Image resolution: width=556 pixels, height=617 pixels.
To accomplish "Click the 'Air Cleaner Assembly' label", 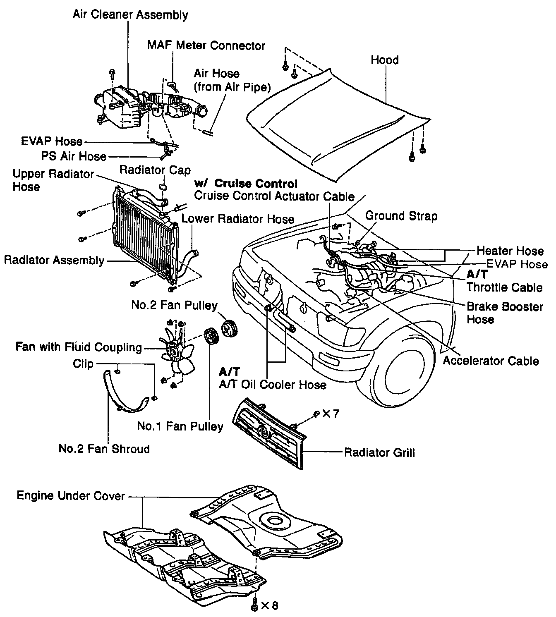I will click(x=130, y=15).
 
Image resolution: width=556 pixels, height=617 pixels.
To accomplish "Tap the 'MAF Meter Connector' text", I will click(x=206, y=45).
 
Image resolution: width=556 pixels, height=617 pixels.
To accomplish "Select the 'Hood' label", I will click(x=384, y=60).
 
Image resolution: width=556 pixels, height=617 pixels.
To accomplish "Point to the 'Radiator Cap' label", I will click(x=155, y=170).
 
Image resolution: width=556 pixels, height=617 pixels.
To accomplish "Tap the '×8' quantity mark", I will click(x=269, y=605).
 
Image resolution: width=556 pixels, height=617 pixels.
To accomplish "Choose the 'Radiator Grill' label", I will click(x=379, y=452).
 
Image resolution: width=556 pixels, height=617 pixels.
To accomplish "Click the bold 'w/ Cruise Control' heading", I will click(x=246, y=184).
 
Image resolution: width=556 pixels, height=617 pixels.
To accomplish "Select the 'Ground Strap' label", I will click(x=401, y=216).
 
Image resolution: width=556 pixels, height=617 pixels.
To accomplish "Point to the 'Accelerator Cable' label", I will click(x=491, y=361).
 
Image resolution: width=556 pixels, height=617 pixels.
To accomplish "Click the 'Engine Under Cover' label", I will click(x=71, y=495).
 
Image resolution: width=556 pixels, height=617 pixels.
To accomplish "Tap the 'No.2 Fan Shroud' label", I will click(x=104, y=449).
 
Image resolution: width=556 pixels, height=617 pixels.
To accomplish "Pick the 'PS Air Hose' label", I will click(x=74, y=156).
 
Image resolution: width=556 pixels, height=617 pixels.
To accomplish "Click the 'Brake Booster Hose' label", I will click(x=504, y=313).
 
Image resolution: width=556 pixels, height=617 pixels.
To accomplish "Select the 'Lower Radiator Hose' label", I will click(x=238, y=219).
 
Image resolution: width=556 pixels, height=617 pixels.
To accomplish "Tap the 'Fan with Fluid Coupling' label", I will click(x=79, y=347).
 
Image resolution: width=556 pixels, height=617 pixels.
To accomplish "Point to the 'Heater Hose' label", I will click(x=510, y=251).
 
